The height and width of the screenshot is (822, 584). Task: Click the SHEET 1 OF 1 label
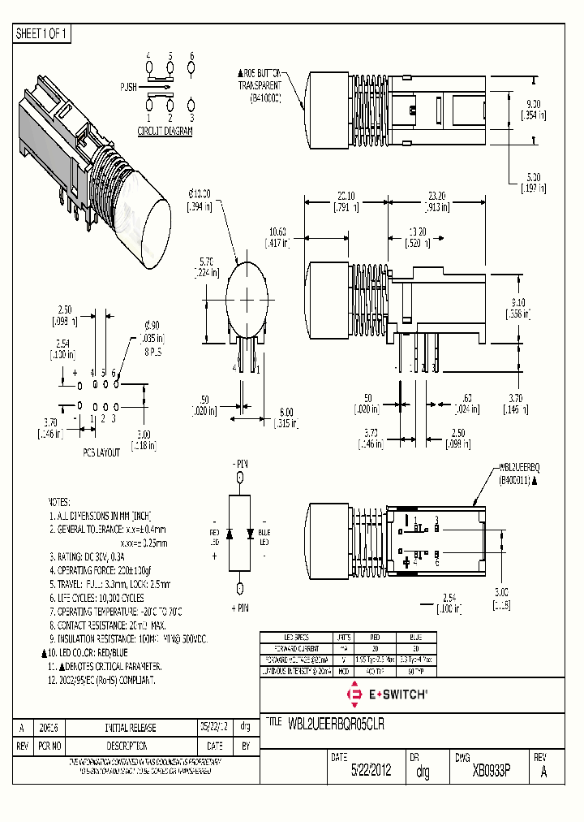(42, 34)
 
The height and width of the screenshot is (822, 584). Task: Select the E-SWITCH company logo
(388, 694)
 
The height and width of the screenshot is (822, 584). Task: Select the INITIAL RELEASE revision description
(130, 728)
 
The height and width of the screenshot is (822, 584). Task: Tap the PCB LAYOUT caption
(101, 451)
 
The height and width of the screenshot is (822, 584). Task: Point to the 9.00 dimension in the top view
(533, 104)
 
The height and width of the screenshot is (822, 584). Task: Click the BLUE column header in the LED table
(414, 638)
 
